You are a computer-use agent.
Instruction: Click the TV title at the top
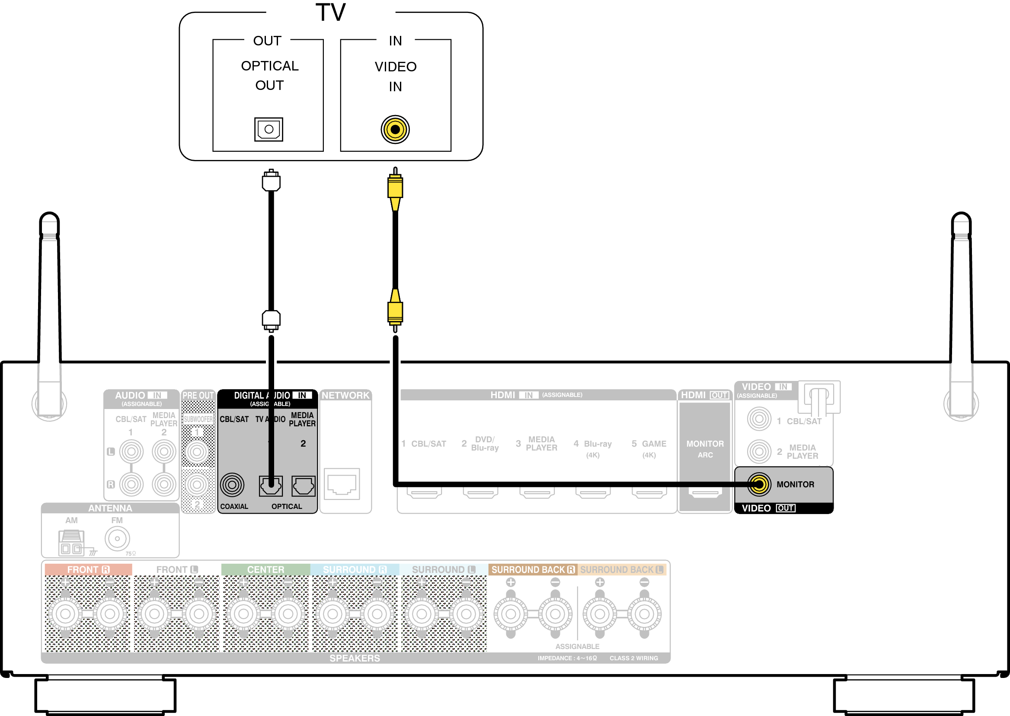click(331, 13)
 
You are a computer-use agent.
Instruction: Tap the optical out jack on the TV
click(268, 129)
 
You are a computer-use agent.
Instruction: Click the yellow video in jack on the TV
click(395, 129)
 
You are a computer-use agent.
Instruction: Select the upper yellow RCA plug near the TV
click(395, 187)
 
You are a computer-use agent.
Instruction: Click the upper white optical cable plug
click(271, 181)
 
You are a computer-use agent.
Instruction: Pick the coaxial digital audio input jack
click(232, 485)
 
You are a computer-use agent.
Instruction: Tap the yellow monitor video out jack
click(759, 485)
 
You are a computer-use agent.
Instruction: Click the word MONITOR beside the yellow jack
click(795, 485)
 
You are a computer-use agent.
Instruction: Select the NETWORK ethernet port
click(342, 484)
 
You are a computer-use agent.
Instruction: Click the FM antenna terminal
click(117, 538)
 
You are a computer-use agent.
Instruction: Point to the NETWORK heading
click(345, 396)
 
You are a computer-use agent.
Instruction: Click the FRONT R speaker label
click(88, 569)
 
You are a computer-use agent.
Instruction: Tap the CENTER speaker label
click(265, 569)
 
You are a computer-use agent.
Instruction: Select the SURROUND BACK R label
click(533, 569)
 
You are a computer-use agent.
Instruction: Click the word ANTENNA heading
click(110, 508)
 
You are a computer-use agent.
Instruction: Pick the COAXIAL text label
click(234, 507)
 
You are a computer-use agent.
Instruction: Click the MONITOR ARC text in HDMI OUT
click(704, 448)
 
